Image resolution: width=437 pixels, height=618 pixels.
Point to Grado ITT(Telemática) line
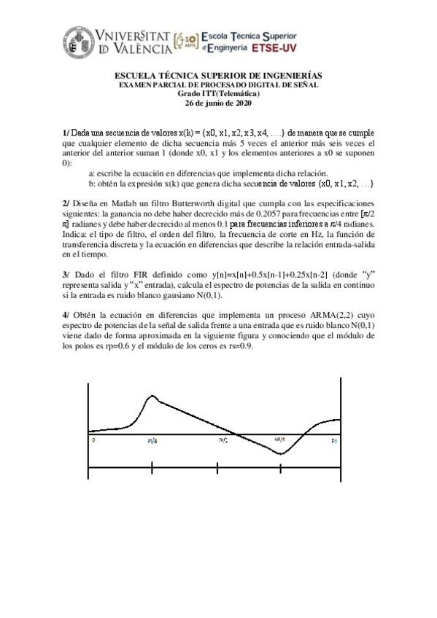point(218,94)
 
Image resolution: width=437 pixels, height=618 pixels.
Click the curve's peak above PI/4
point(152,396)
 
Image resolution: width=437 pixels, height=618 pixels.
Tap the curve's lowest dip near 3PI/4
point(280,454)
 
